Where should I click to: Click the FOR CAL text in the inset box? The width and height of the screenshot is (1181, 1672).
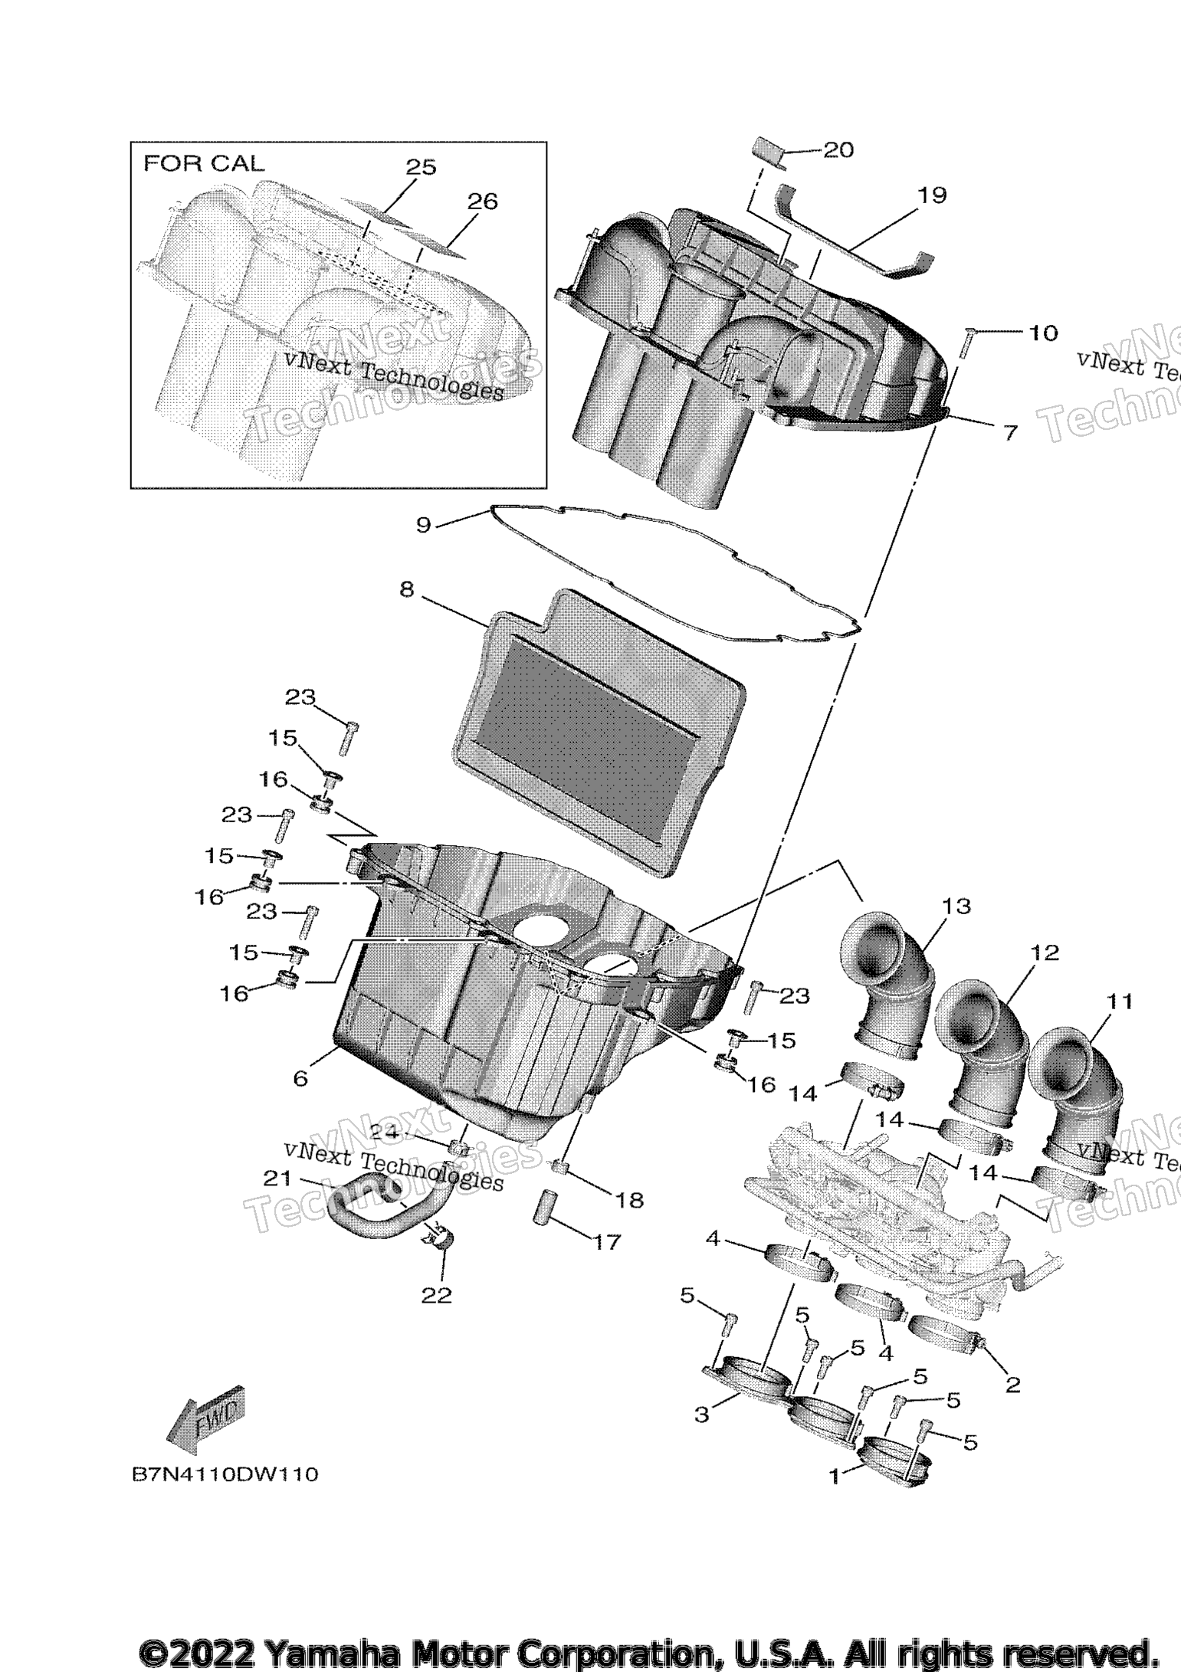(204, 163)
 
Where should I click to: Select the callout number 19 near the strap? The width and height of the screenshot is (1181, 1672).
(932, 195)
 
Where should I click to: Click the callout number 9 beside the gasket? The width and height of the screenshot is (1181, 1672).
(423, 526)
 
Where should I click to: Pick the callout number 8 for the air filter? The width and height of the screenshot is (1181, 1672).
(406, 589)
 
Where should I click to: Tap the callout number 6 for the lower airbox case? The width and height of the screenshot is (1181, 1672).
(300, 1078)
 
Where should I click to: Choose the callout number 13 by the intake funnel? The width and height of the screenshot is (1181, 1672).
(957, 906)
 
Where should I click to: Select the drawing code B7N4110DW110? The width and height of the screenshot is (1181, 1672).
(224, 1475)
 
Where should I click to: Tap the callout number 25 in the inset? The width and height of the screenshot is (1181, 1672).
(421, 167)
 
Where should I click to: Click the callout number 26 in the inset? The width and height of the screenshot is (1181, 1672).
(482, 202)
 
